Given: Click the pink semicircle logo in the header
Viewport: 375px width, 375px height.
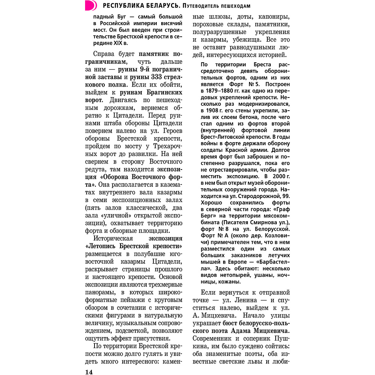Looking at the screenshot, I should tap(90, 6).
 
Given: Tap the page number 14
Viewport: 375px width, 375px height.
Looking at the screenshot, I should tap(89, 372).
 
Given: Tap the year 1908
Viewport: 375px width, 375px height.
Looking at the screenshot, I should tap(214, 111).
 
